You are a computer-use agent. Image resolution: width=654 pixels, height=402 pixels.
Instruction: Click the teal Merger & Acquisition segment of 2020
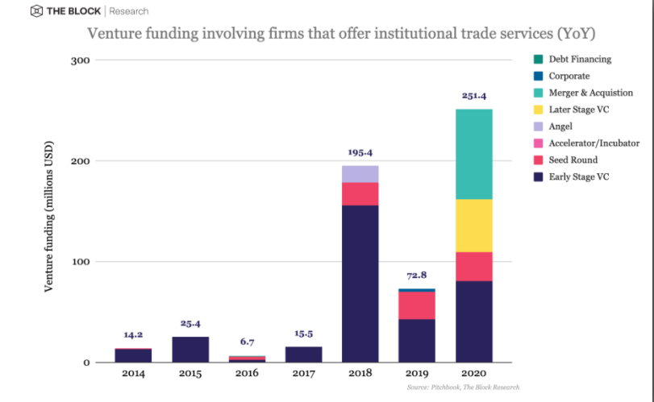coord(473,154)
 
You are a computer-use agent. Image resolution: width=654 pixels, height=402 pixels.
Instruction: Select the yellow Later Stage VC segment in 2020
coord(473,225)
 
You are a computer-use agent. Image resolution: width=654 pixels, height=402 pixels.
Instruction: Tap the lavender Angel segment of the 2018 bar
coord(360,173)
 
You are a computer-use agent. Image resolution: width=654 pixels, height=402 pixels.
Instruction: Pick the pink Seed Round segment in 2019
coord(417,305)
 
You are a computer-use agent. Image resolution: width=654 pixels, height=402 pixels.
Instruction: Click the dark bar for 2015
coord(190,349)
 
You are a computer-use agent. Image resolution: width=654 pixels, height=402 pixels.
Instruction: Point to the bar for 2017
coord(303,354)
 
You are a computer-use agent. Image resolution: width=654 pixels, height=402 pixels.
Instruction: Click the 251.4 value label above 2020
coord(473,95)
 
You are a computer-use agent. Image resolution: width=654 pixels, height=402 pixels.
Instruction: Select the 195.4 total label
coord(360,151)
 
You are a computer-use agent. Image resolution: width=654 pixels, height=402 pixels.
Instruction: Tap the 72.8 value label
coord(417,275)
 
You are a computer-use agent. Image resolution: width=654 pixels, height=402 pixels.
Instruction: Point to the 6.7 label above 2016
coord(247,342)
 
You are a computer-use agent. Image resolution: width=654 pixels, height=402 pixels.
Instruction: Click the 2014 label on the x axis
coord(133,375)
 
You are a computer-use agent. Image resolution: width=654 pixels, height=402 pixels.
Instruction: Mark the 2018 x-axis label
coord(360,375)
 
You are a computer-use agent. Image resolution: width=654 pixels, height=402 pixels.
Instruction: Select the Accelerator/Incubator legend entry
coord(584,143)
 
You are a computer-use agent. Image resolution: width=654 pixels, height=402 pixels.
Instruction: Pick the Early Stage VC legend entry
coord(579,177)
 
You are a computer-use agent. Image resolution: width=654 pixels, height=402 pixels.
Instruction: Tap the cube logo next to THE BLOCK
coord(36,11)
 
